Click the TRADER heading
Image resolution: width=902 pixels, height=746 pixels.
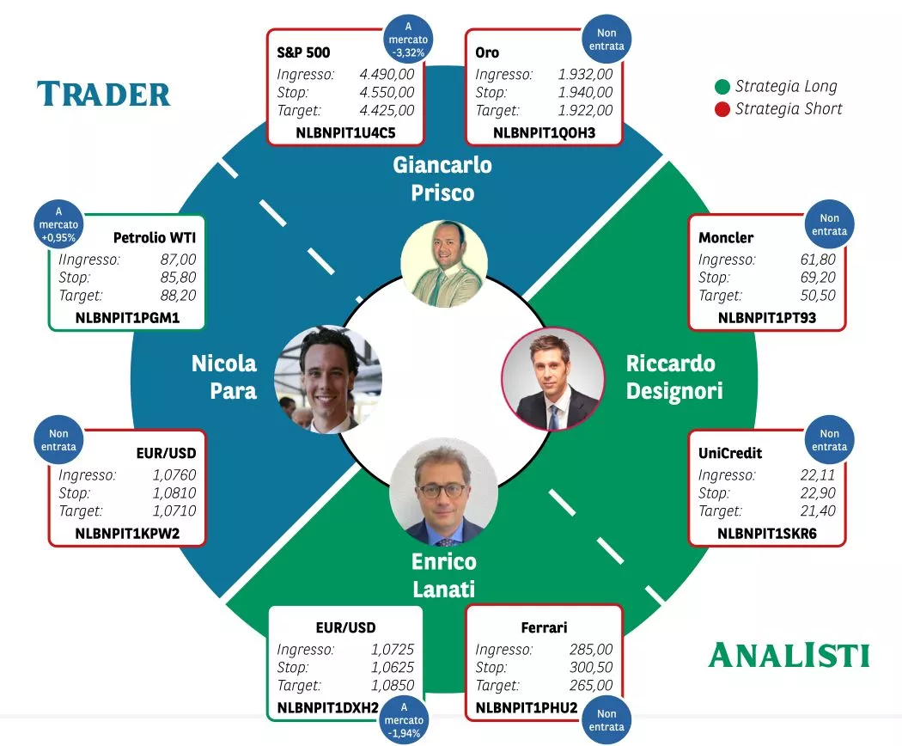[104, 95]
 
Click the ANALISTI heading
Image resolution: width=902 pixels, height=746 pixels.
[789, 656]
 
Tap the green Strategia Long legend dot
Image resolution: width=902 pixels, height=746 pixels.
[722, 87]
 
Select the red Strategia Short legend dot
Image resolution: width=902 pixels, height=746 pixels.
[722, 109]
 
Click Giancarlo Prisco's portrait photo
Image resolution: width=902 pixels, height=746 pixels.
[444, 264]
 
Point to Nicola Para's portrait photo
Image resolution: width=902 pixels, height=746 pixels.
[328, 379]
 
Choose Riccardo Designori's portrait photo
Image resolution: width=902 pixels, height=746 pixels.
[553, 379]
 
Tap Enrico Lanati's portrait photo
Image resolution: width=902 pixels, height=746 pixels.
[443, 492]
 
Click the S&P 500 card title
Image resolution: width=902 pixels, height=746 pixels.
[303, 53]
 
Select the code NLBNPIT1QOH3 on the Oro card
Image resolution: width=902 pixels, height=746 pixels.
[544, 133]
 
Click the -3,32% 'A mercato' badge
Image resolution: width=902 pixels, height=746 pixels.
[408, 40]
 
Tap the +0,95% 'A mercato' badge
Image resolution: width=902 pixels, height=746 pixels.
[58, 224]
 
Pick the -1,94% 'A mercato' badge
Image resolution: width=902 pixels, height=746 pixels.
[404, 720]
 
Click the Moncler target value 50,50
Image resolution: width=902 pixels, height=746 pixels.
[818, 296]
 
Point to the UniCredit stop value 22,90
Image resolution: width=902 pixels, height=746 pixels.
[818, 492]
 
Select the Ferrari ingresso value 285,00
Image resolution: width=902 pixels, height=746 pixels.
[591, 649]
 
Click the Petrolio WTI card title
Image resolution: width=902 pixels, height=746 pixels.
[155, 238]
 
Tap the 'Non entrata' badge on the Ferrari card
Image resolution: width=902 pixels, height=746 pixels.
[606, 720]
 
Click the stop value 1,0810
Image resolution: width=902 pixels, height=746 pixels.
[174, 492]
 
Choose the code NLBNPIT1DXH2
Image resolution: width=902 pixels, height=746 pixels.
[328, 708]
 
